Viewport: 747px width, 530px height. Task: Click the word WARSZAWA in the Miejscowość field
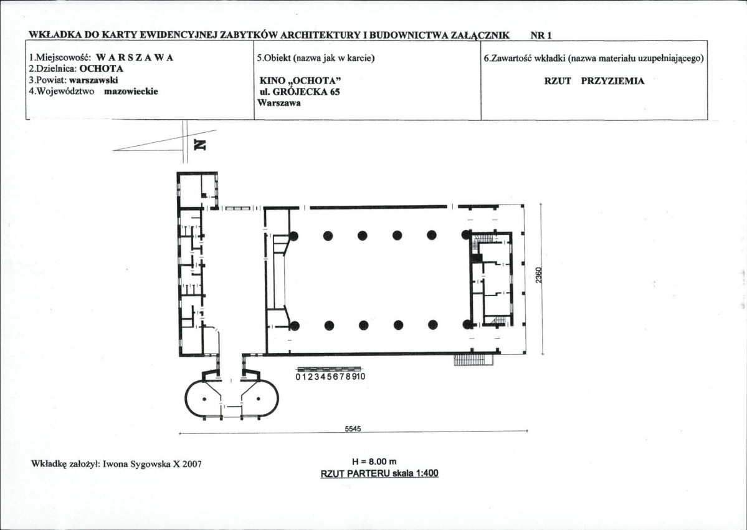click(x=135, y=57)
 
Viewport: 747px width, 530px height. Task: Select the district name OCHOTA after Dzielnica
click(x=101, y=69)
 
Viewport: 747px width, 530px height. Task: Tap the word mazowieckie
click(x=131, y=91)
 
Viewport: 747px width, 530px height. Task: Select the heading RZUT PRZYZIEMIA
click(x=594, y=81)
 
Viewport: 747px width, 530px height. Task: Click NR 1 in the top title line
click(x=541, y=36)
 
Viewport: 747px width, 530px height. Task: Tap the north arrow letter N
click(x=201, y=145)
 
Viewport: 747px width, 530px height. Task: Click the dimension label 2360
click(x=538, y=275)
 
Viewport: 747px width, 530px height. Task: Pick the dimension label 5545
click(x=353, y=428)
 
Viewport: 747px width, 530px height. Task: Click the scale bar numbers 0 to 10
click(x=330, y=377)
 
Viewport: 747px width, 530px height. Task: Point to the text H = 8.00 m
click(x=374, y=461)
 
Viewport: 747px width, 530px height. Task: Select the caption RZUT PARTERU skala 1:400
click(x=379, y=473)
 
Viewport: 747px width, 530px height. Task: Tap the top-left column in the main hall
click(x=293, y=236)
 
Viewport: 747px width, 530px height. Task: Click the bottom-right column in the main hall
click(x=467, y=325)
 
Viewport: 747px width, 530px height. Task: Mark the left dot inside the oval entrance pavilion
click(x=204, y=398)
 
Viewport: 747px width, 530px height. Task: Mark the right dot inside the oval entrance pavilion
click(x=258, y=398)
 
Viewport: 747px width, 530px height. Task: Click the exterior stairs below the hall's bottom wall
click(x=473, y=360)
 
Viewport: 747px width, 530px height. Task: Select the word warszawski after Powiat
click(x=93, y=80)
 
